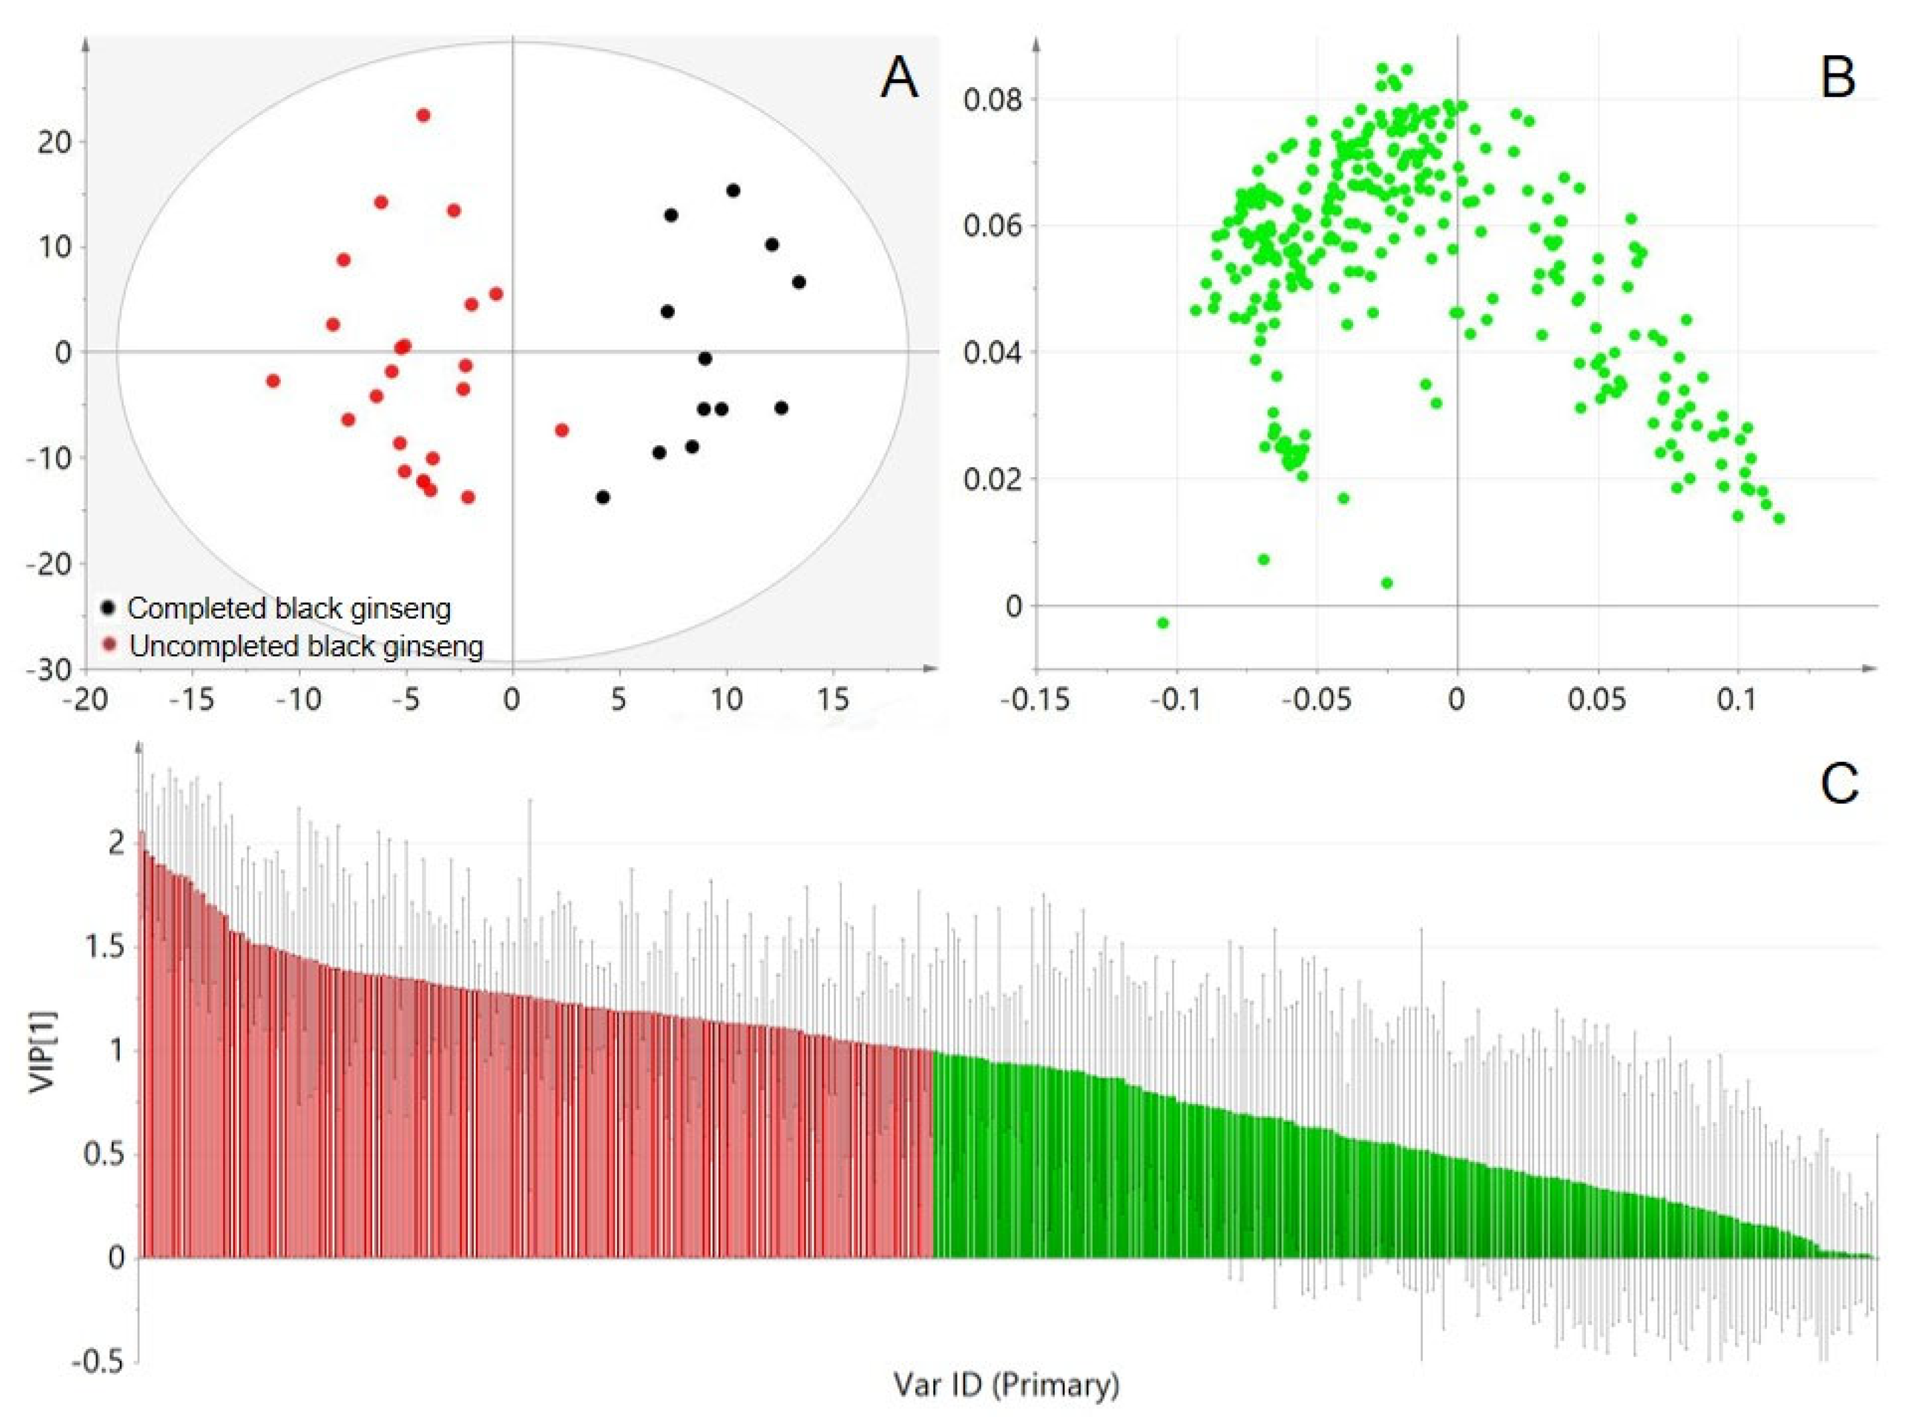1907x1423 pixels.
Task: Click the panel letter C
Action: click(x=1838, y=785)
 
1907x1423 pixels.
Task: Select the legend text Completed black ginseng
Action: click(x=289, y=608)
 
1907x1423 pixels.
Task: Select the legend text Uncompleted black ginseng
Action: click(x=306, y=646)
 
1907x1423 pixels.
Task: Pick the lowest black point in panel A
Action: click(x=603, y=497)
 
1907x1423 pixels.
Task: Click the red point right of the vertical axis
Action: click(x=561, y=430)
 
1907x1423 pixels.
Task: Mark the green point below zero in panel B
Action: click(x=1162, y=623)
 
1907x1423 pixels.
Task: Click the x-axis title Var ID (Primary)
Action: click(x=1007, y=1384)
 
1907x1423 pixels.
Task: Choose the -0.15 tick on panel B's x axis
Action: click(x=1035, y=699)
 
